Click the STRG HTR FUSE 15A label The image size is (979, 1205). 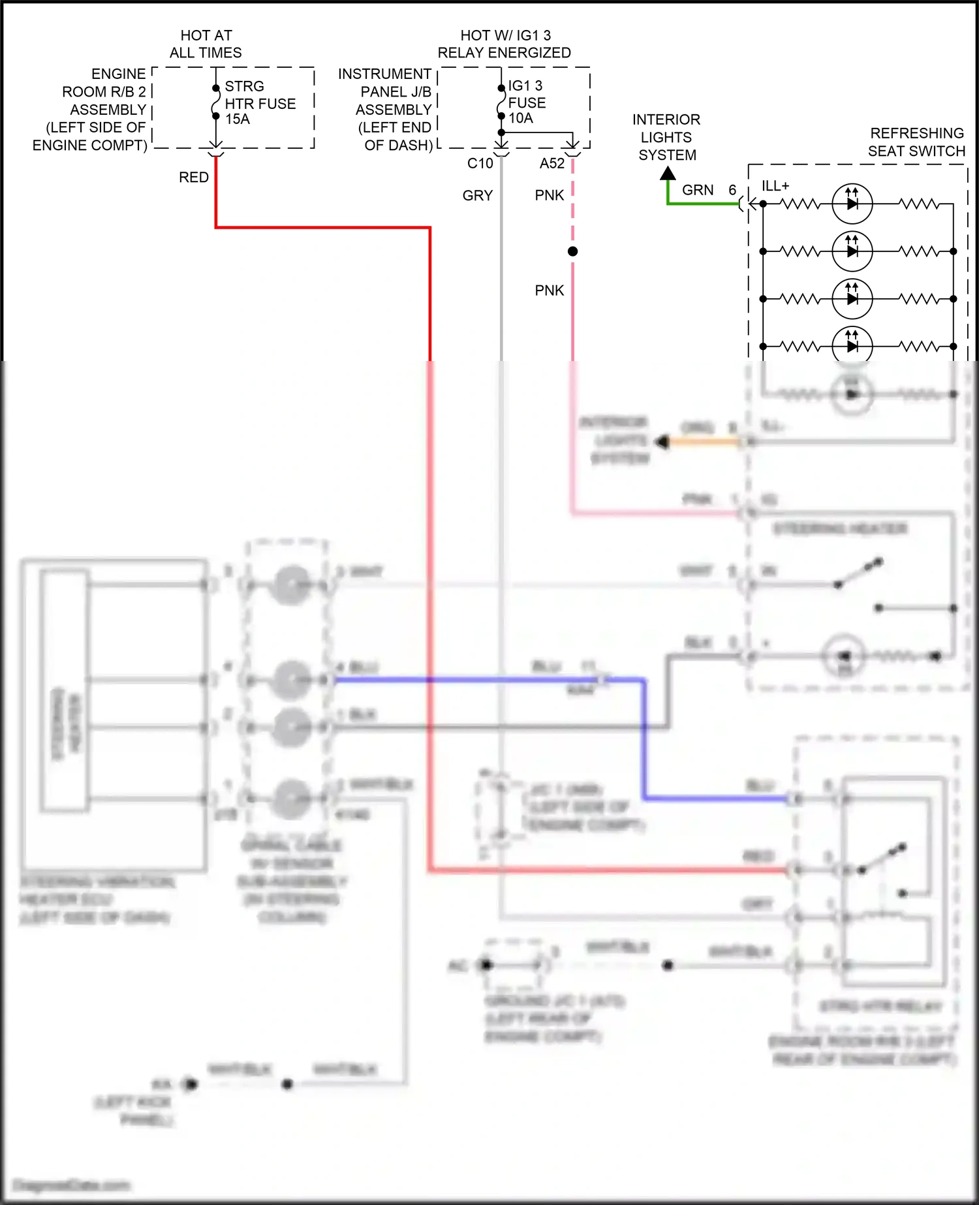pyautogui.click(x=260, y=103)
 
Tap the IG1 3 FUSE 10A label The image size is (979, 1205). pyautogui.click(x=527, y=102)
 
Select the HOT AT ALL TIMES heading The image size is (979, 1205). pyautogui.click(x=206, y=44)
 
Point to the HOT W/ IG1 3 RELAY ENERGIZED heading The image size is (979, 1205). pyautogui.click(x=505, y=44)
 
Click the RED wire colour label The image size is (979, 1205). pyautogui.click(x=194, y=178)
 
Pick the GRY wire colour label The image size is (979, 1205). pyautogui.click(x=478, y=196)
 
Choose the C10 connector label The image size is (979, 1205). pyautogui.click(x=480, y=164)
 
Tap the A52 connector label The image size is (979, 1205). pyautogui.click(x=552, y=164)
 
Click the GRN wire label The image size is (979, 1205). pyautogui.click(x=698, y=190)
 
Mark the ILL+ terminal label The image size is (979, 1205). pyautogui.click(x=775, y=186)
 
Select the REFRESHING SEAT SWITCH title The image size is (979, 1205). pyautogui.click(x=916, y=142)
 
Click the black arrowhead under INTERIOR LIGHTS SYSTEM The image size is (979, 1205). pyautogui.click(x=668, y=174)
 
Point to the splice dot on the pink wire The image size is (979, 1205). pyautogui.click(x=572, y=251)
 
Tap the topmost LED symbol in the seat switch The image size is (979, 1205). pyautogui.click(x=852, y=204)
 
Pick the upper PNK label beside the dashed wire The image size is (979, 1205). pyautogui.click(x=550, y=196)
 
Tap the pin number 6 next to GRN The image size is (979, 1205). pyautogui.click(x=732, y=190)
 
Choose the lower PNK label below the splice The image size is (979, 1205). pyautogui.click(x=550, y=290)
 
